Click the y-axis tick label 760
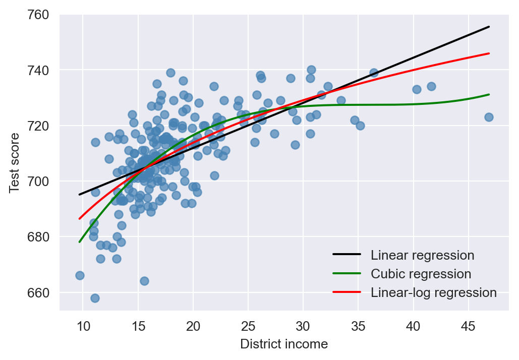[38, 15]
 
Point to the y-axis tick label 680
[38, 237]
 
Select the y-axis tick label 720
[38, 126]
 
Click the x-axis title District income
[284, 344]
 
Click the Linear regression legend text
[422, 255]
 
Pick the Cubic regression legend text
[421, 274]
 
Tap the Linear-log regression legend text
[434, 292]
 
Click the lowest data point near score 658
[95, 298]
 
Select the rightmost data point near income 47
[489, 117]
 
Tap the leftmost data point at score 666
[80, 275]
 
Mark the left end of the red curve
[80, 218]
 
